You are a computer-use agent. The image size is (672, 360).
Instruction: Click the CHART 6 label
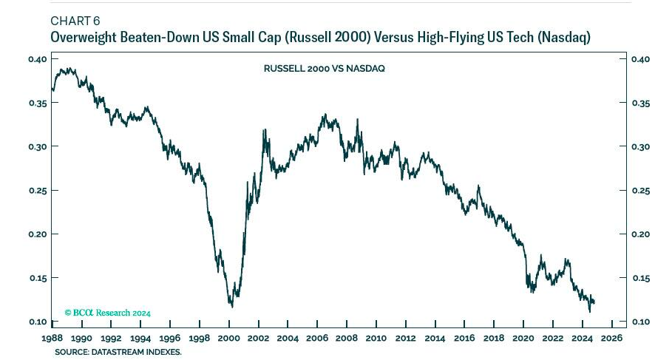coord(75,20)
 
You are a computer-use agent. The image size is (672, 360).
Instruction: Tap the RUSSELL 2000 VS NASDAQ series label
coord(325,68)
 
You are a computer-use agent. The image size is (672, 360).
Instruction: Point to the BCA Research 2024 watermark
coord(107,313)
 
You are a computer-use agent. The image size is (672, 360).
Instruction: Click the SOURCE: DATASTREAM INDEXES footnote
coord(118,352)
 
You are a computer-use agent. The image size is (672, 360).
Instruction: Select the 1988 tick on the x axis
coord(52,338)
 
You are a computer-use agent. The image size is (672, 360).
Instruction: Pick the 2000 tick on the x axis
coord(228,338)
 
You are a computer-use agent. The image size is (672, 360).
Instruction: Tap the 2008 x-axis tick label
coord(347,338)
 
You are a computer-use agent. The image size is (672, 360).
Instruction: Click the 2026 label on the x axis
coord(612,338)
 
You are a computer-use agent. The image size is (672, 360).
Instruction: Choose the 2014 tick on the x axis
coord(435,338)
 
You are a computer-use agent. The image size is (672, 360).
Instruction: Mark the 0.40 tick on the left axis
coord(38,59)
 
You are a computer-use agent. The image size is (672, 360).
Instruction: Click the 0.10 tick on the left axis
coord(38,322)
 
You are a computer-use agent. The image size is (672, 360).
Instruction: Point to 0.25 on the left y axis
coord(38,191)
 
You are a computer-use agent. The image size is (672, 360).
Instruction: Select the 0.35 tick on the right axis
coord(640,103)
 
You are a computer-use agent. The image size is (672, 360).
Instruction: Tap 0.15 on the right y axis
coord(640,278)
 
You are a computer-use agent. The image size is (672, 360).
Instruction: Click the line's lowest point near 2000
coord(231,307)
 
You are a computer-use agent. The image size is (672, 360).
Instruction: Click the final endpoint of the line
coord(594,302)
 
